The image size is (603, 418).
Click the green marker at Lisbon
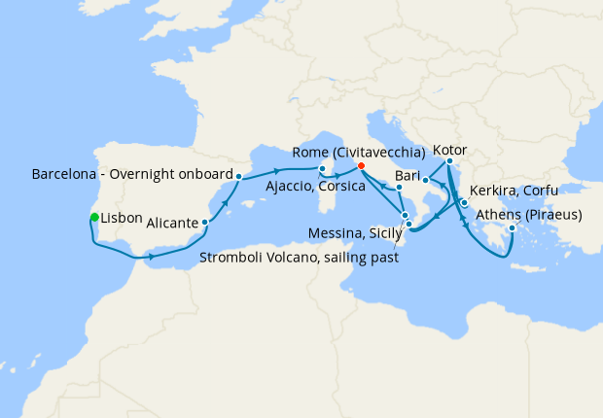click(x=94, y=217)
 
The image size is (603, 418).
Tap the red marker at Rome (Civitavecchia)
click(x=361, y=166)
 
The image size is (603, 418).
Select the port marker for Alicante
click(x=205, y=223)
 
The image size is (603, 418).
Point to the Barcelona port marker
click(x=239, y=177)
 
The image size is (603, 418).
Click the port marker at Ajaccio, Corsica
click(x=323, y=169)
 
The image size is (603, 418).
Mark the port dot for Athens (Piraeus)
click(x=512, y=230)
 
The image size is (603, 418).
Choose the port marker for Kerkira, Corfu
click(x=464, y=203)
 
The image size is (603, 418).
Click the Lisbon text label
click(x=122, y=217)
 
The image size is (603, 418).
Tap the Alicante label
click(x=172, y=223)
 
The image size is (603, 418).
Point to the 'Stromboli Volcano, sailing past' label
click(x=301, y=258)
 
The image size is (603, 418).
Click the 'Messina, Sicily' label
click(x=351, y=234)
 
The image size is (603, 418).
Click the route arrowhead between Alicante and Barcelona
click(x=225, y=202)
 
